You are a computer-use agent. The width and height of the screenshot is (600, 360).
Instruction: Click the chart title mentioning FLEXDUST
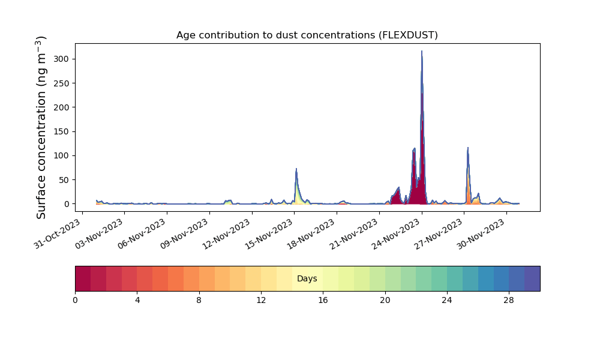pyautogui.click(x=307, y=35)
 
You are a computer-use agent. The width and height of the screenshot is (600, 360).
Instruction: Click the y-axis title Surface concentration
pyautogui.click(x=41, y=127)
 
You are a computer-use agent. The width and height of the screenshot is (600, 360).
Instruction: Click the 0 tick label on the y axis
pyautogui.click(x=67, y=204)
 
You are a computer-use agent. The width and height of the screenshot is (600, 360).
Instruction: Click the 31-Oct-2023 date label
pyautogui.click(x=58, y=234)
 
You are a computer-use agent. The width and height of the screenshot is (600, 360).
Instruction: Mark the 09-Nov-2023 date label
pyautogui.click(x=184, y=234)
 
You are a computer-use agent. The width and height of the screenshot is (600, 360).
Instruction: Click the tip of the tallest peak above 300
pyautogui.click(x=422, y=51)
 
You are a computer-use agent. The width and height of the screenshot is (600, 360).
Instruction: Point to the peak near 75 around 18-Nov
pyautogui.click(x=296, y=169)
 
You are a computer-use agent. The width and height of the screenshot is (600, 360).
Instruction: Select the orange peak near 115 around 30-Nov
pyautogui.click(x=467, y=148)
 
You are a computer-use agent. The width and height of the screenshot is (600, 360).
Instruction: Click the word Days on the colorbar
pyautogui.click(x=307, y=278)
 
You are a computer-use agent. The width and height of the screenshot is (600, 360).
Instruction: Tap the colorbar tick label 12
pyautogui.click(x=261, y=301)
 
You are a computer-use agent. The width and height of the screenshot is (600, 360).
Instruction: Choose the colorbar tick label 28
pyautogui.click(x=509, y=301)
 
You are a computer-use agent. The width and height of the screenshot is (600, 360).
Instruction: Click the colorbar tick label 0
pyautogui.click(x=75, y=301)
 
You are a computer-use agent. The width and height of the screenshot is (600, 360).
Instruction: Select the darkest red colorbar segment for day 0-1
pyautogui.click(x=83, y=278)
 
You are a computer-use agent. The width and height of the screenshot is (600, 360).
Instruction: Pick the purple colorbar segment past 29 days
pyautogui.click(x=532, y=278)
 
